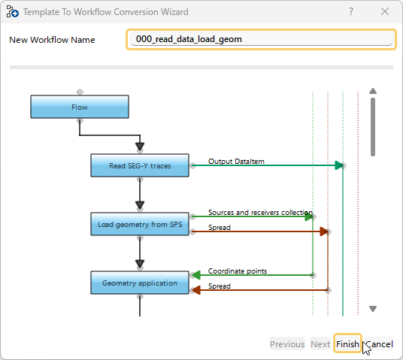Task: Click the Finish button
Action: [347, 344]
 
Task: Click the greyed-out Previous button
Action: [287, 344]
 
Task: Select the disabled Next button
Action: [320, 344]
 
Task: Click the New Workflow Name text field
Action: [261, 39]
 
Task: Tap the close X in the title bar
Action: [385, 12]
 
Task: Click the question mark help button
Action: [351, 12]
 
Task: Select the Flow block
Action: [80, 107]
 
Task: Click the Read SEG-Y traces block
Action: [139, 165]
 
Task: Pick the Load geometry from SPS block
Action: [139, 224]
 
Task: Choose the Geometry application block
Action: [139, 283]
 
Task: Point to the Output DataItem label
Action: [236, 161]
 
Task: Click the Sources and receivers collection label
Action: [259, 213]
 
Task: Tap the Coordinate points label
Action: [237, 271]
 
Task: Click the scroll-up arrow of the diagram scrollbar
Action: [373, 93]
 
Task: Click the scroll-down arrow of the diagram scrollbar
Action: [373, 309]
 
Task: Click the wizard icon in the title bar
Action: [12, 12]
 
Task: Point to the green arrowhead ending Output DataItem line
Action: [340, 165]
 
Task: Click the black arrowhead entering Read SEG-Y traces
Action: [139, 147]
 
